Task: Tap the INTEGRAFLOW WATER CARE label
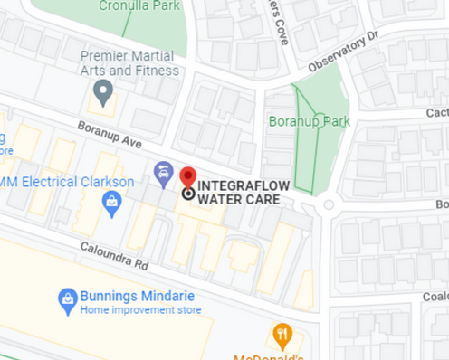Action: point(238,192)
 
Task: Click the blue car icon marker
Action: point(163,170)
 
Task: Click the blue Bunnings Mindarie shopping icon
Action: point(66,297)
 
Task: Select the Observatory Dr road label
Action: point(340,54)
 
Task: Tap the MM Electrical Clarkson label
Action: point(67,181)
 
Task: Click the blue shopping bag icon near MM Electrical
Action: point(111,201)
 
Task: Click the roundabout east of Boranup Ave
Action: point(329,204)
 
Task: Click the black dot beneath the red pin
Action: point(187,193)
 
